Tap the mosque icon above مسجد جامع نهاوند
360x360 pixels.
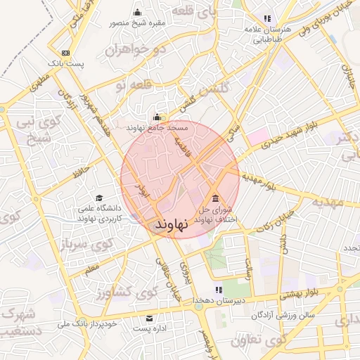pos(156,117)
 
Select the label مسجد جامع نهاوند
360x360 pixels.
pos(157,128)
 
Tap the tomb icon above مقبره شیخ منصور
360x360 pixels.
pos(137,12)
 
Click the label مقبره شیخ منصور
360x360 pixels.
pos(137,22)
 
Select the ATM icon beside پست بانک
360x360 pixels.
pos(65,53)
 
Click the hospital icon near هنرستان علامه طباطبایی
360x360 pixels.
pos(266,18)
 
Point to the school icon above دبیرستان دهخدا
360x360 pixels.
pos(220,290)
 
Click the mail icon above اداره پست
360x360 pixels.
pos(149,318)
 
